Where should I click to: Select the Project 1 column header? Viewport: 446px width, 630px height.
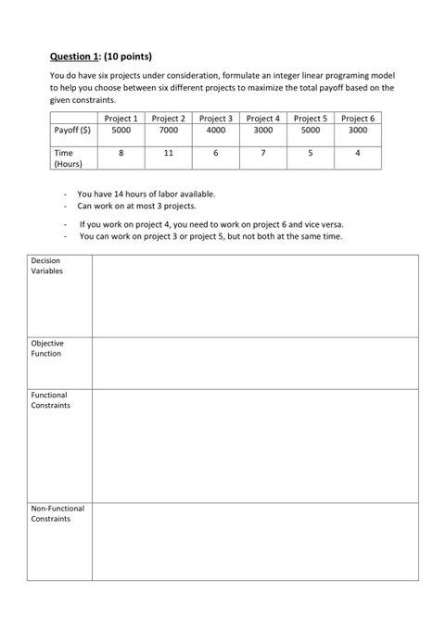121,119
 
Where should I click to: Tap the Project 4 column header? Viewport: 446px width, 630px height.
263,119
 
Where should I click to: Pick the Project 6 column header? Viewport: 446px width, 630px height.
358,119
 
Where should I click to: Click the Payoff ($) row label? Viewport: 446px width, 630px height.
72,132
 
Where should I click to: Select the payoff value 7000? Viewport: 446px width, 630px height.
168,132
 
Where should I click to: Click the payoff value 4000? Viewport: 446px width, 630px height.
215,132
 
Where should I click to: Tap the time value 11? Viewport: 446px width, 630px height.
168,152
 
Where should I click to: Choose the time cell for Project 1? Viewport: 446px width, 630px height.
121,152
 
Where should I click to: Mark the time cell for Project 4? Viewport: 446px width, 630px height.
263,152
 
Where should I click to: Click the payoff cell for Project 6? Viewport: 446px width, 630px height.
358,132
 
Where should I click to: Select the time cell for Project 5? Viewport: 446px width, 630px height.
311,152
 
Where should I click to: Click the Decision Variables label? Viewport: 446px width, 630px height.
46,266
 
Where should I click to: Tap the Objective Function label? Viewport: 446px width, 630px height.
46,348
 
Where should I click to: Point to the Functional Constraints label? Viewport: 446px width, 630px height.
50,400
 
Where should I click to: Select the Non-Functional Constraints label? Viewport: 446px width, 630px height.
57,513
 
